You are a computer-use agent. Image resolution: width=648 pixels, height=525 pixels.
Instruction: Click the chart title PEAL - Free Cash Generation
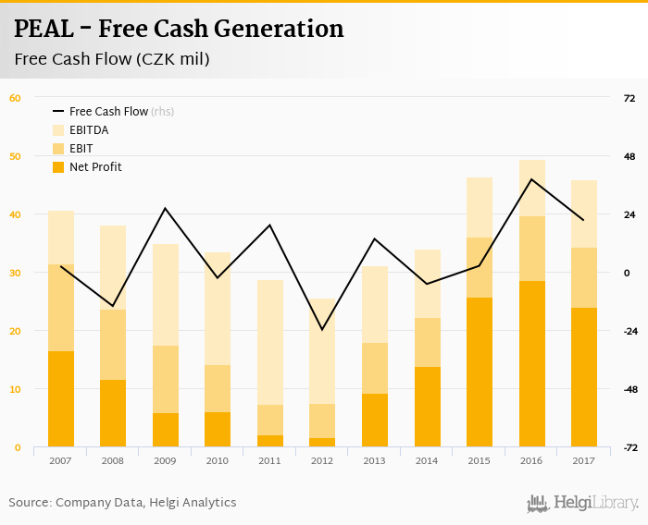pos(179,30)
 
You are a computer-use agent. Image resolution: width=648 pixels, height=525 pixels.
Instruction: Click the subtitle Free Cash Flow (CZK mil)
pos(111,60)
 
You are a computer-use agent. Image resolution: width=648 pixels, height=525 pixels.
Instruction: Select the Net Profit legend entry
pos(95,167)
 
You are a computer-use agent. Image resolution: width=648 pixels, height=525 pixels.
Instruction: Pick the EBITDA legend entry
pos(89,130)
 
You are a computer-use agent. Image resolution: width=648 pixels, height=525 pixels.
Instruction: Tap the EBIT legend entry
pos(81,149)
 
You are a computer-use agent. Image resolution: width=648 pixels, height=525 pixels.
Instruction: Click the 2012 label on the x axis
pos(322,459)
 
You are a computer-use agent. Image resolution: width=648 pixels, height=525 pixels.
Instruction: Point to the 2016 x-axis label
pos(531,459)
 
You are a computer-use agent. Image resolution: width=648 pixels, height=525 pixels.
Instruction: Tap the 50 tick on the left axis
pos(15,156)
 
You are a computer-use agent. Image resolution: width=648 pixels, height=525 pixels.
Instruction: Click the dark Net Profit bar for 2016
pos(531,364)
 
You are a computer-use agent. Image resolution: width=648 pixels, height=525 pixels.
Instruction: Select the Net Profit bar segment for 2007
pos(61,399)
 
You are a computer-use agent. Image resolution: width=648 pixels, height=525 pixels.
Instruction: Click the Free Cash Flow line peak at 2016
pos(531,178)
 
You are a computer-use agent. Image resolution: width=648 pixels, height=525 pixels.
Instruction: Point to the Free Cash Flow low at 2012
pos(322,330)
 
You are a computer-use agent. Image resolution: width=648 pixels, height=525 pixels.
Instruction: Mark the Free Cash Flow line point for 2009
pos(166,208)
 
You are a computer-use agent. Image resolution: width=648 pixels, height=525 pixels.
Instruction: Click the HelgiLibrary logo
pos(583,503)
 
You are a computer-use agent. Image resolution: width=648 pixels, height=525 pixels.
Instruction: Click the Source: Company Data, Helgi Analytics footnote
pos(122,503)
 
